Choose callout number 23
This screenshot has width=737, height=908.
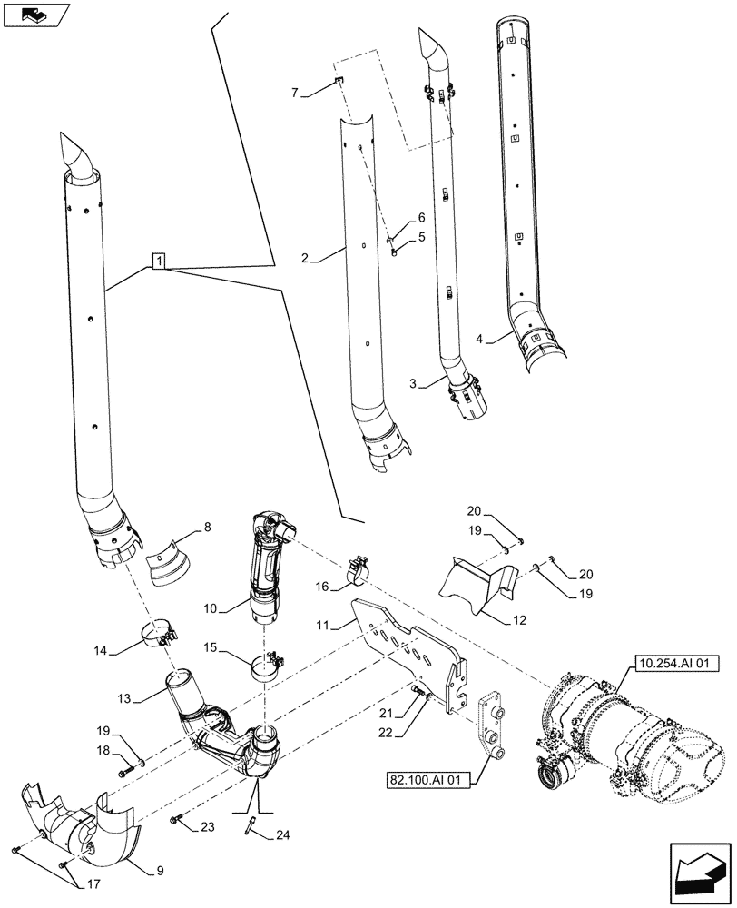[209, 826]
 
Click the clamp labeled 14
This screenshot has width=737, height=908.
[160, 634]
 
